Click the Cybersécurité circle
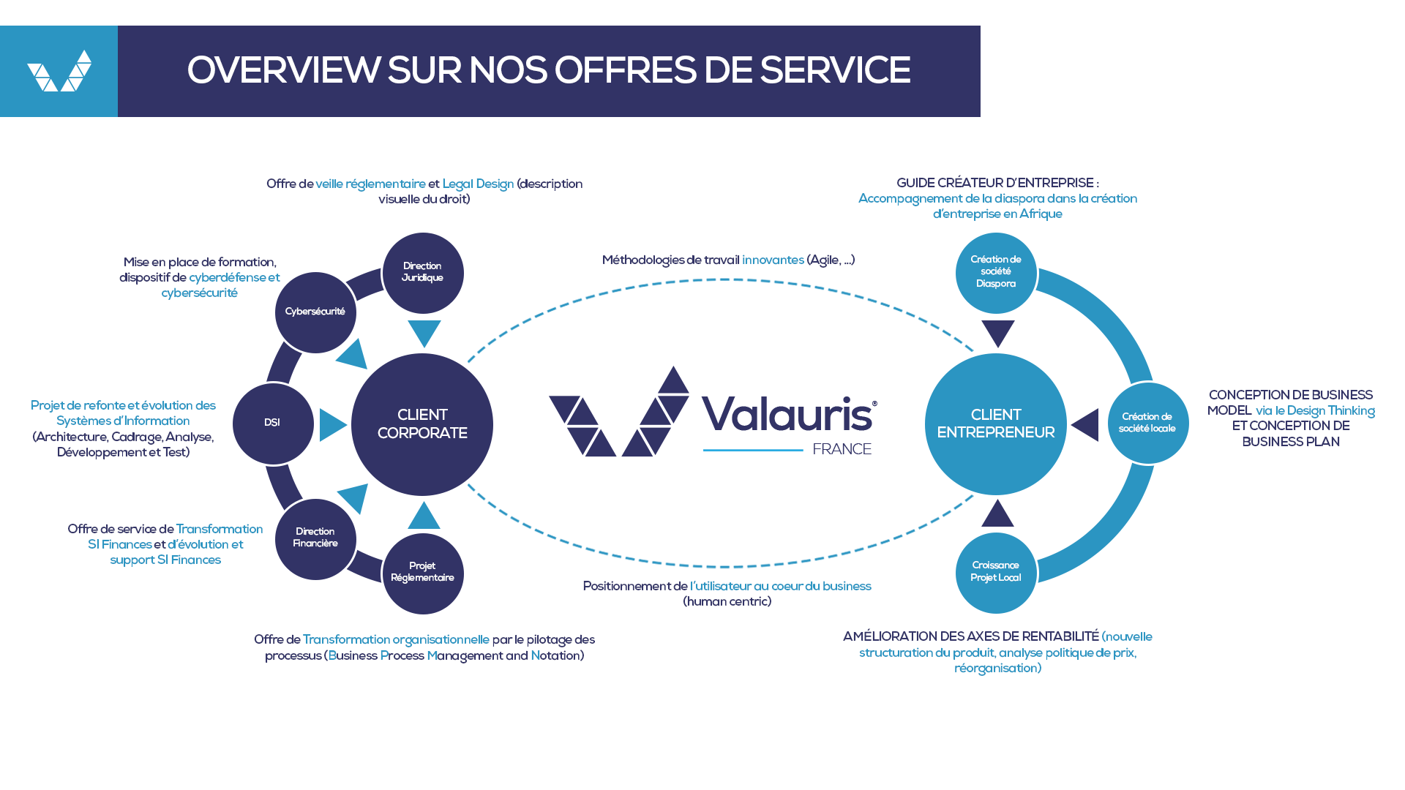[x=315, y=312]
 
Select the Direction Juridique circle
[x=423, y=273]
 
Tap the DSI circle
[x=273, y=424]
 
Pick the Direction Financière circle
[x=315, y=539]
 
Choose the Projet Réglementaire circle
[x=423, y=573]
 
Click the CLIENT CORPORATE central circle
[x=422, y=424]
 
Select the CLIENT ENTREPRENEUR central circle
[x=996, y=424]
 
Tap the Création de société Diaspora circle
[x=996, y=273]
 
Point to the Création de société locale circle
[x=1147, y=423]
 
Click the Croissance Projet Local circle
[x=996, y=573]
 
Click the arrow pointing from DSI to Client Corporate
[x=331, y=425]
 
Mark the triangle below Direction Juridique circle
[x=424, y=332]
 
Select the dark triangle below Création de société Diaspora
[x=998, y=332]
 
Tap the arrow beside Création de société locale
[x=1087, y=424]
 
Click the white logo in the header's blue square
[x=59, y=71]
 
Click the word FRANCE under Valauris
[x=842, y=449]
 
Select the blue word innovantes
[x=773, y=260]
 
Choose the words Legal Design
[x=478, y=184]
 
